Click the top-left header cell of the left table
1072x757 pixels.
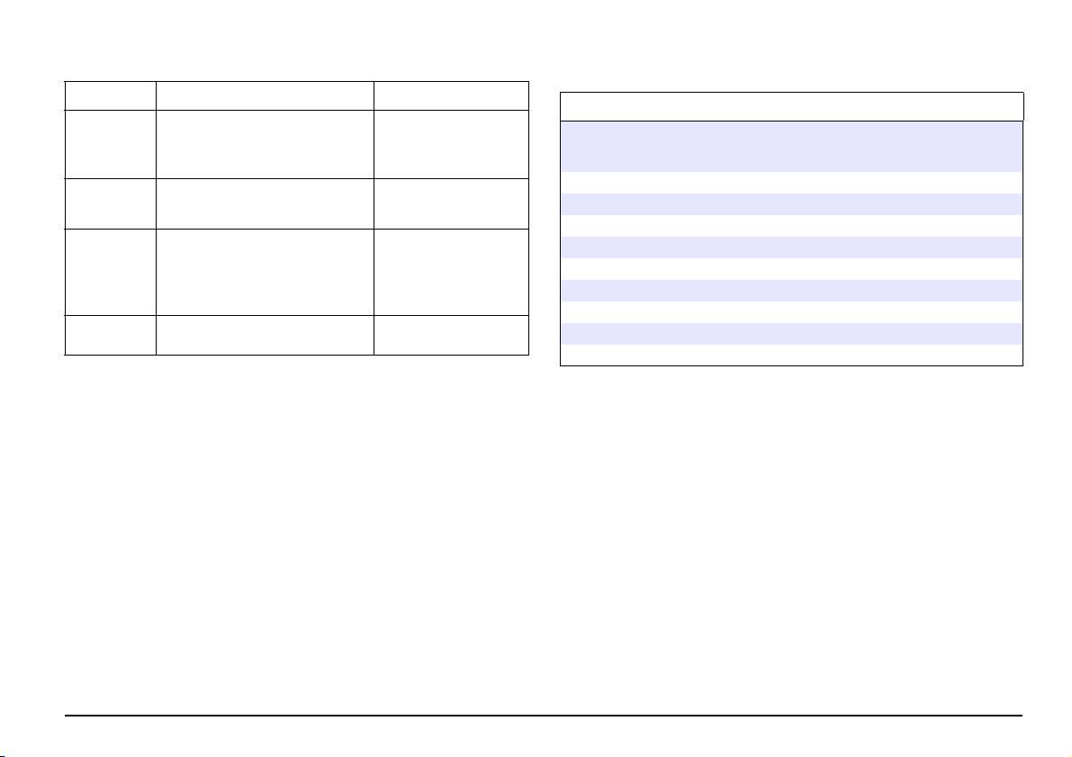point(110,95)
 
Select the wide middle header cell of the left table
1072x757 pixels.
point(265,95)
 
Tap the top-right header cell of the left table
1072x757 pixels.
point(451,95)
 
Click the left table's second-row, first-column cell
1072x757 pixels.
point(110,144)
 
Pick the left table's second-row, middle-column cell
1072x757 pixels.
point(265,144)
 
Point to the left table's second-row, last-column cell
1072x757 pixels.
point(451,144)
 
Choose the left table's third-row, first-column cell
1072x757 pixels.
point(110,203)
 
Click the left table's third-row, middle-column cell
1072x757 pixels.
point(265,203)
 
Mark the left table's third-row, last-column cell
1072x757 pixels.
point(451,203)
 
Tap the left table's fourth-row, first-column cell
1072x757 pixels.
point(110,272)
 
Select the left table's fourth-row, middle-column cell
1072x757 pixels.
point(265,272)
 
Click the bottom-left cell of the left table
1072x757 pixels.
point(110,335)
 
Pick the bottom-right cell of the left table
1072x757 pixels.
point(451,335)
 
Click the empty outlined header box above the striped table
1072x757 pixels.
point(792,106)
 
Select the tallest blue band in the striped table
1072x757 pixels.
point(792,146)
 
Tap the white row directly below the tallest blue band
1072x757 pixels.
point(792,182)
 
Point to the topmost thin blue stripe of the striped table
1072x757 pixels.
point(792,203)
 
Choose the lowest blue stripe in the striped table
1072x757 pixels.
point(792,333)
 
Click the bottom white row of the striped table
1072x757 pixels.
point(792,354)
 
